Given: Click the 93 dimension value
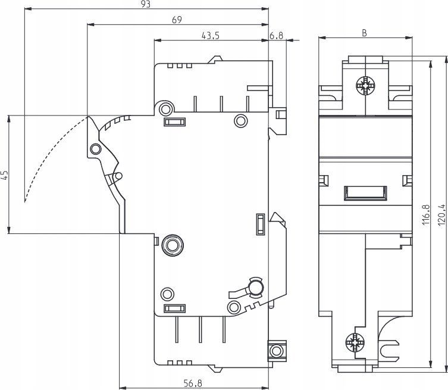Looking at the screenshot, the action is [146, 4].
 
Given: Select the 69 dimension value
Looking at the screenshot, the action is [177, 20].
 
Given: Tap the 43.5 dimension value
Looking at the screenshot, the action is [211, 36].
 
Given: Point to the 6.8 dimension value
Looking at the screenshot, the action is [276, 36].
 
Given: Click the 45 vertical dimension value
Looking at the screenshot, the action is [5, 175].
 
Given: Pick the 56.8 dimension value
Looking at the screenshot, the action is [193, 383].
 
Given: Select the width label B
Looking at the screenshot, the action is [364, 33].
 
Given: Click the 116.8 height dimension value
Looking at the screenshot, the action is [426, 214].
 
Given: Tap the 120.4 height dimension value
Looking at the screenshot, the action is [441, 214].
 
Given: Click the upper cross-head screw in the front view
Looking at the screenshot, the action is [365, 86].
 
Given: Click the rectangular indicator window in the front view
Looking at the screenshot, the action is [365, 193].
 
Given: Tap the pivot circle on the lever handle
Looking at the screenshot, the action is [95, 149].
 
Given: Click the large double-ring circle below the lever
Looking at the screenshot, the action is [173, 245].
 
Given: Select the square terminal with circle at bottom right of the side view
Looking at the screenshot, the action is [276, 351].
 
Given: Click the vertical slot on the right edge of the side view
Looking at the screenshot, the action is [261, 224].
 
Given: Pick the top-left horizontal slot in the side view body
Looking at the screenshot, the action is [175, 122].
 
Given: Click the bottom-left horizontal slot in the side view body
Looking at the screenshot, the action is [174, 308].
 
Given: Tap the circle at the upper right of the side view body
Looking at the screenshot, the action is [241, 121].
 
